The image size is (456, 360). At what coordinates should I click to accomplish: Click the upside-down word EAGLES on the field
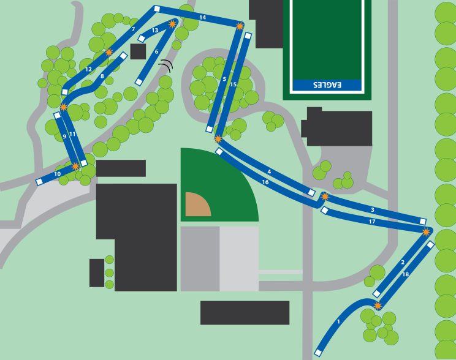coord(326,84)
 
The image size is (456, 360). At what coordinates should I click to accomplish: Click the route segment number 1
coord(338,321)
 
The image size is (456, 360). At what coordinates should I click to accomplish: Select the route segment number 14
coord(203,18)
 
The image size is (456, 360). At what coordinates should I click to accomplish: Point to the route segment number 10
coord(57,174)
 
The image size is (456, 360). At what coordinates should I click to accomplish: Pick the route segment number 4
coord(269,171)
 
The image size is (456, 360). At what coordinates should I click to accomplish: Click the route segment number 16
coord(265,182)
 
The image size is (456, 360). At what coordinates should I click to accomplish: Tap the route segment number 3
coord(372,211)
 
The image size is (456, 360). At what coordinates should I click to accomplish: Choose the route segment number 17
coord(372,222)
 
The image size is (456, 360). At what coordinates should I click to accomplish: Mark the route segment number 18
coord(405,275)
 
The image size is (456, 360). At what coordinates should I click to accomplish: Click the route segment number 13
coord(155,30)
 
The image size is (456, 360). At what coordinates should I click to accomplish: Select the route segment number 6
coord(157,52)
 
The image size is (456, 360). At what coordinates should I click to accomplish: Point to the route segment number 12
coord(89,70)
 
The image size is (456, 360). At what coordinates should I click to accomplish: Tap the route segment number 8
coord(102,77)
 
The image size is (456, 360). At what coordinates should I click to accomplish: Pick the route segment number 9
coord(64,137)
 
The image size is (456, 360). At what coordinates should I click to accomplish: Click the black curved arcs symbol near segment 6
coord(166,65)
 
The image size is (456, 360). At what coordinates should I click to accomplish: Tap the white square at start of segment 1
coord(317,353)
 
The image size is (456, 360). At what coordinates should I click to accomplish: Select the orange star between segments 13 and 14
coord(172,24)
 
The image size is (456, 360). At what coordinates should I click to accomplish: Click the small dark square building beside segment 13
coord(138,51)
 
